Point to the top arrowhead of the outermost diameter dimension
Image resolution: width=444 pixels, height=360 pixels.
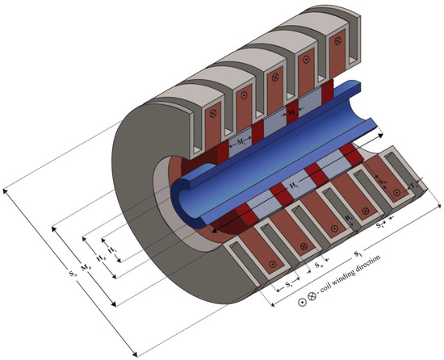point(6,189)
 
